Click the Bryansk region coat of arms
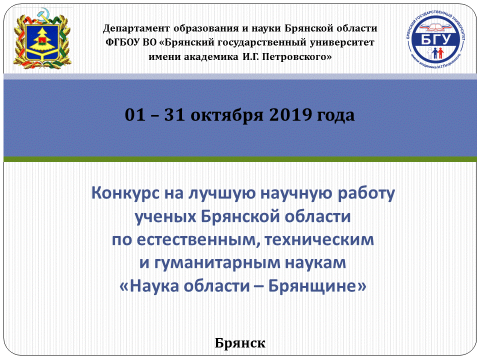(42, 38)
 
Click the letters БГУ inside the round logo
(436, 39)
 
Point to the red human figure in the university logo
(440, 53)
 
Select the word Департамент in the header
(136, 28)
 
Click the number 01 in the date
(135, 115)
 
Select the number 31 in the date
(174, 115)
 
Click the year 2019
(290, 115)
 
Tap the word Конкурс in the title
(125, 193)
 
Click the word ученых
(165, 216)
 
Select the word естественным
(196, 239)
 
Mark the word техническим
(319, 239)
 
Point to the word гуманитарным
(217, 263)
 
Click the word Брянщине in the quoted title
(314, 286)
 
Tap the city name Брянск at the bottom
(240, 343)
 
